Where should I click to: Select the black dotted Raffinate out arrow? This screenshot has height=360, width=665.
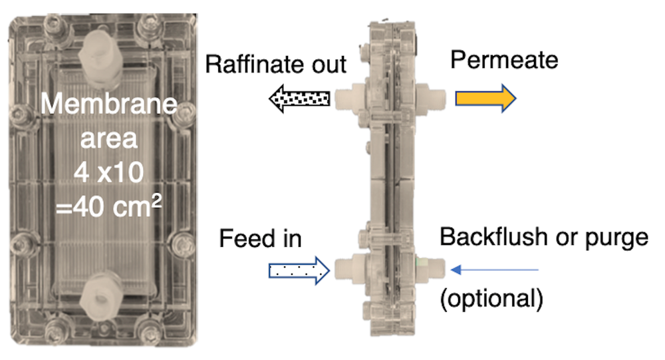(x=299, y=99)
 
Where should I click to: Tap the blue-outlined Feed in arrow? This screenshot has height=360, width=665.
(x=299, y=270)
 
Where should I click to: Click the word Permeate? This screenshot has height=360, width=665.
(x=504, y=61)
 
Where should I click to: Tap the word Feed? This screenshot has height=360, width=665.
(x=243, y=238)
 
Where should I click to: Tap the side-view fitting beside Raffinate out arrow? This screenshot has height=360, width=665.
(x=348, y=98)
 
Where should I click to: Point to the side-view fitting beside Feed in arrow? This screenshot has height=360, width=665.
(x=348, y=270)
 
